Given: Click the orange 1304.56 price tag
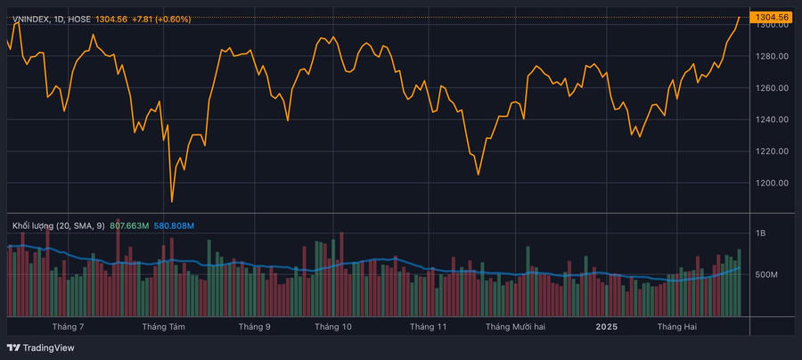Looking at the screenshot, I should (772, 17).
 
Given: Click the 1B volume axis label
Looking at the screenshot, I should (760, 233).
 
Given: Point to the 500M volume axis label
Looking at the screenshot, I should (766, 274).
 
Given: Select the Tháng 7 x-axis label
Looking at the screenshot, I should (69, 327).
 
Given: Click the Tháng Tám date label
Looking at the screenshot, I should (164, 327).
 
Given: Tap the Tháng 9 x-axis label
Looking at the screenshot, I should (255, 327).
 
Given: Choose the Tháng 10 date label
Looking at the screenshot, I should (333, 327).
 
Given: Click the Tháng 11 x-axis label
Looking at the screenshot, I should (428, 327).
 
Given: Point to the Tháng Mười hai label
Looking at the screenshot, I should (515, 327).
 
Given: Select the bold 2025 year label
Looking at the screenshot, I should (606, 327).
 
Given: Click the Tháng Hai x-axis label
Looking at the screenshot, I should (677, 327).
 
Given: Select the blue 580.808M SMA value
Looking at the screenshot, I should (176, 225).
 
